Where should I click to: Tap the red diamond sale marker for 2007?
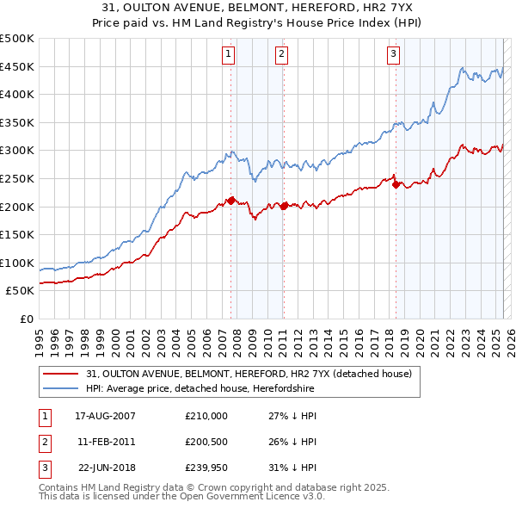pyautogui.click(x=231, y=201)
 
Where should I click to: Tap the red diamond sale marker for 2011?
pyautogui.click(x=284, y=206)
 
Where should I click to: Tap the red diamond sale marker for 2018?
pyautogui.click(x=396, y=183)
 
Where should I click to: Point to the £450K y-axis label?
pyautogui.click(x=17, y=66)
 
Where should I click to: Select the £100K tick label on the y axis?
pyautogui.click(x=17, y=263)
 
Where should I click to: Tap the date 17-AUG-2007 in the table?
pyautogui.click(x=106, y=416)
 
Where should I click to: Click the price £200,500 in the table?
pyautogui.click(x=206, y=442)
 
